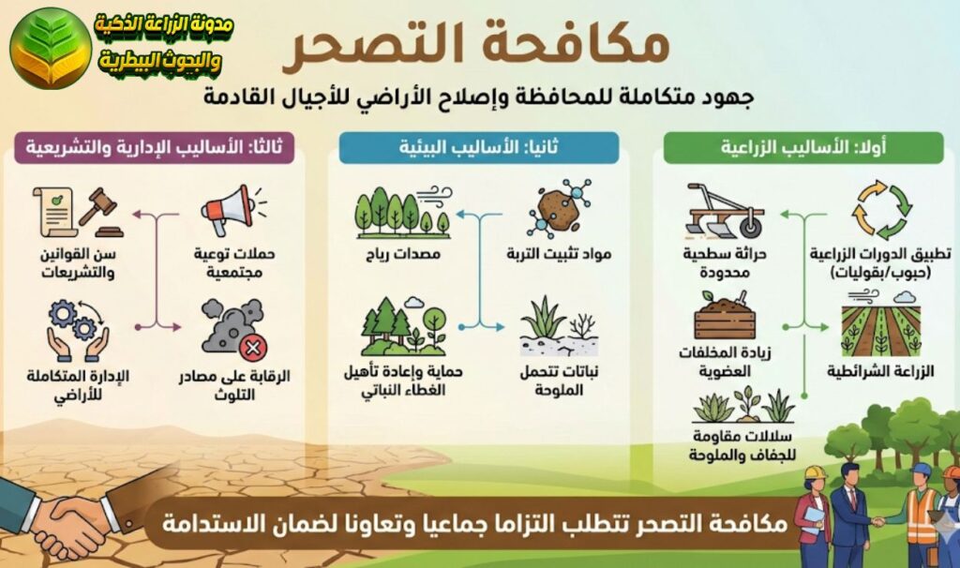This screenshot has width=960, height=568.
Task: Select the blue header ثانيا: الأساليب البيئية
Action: pos(478,148)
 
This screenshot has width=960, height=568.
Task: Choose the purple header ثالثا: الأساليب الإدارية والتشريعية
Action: pos(160,148)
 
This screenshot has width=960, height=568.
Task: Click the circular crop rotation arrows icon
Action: pos(881,210)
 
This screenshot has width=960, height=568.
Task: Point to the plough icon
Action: pos(722,210)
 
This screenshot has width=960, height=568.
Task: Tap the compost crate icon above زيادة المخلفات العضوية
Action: pos(724,315)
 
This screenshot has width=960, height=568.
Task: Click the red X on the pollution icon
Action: pos(252,350)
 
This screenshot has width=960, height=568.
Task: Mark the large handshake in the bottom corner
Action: pos(66,520)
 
